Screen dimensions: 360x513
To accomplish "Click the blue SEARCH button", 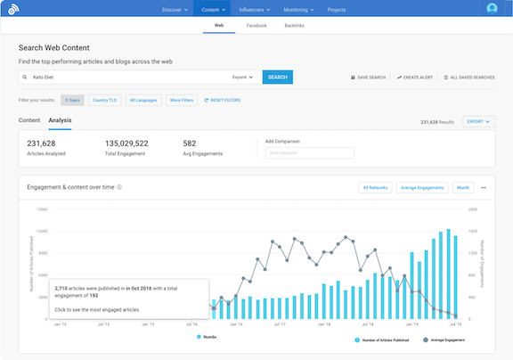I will (x=278, y=78).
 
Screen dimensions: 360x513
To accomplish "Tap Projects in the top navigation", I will (x=337, y=9).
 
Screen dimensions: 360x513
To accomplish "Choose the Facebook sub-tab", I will (x=256, y=27).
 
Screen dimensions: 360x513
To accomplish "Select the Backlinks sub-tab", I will (x=294, y=27).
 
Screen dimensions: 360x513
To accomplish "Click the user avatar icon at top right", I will (x=493, y=9).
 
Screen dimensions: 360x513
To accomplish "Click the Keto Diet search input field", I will (x=125, y=78).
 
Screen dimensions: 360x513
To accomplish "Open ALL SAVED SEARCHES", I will (x=469, y=78).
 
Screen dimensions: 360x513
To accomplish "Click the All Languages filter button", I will (x=142, y=101).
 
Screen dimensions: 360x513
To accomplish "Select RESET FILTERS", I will (x=224, y=101).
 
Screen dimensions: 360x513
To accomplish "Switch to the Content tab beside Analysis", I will (x=29, y=119).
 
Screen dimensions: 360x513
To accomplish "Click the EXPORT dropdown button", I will (x=478, y=121).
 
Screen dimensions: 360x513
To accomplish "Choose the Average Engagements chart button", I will (x=421, y=188).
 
